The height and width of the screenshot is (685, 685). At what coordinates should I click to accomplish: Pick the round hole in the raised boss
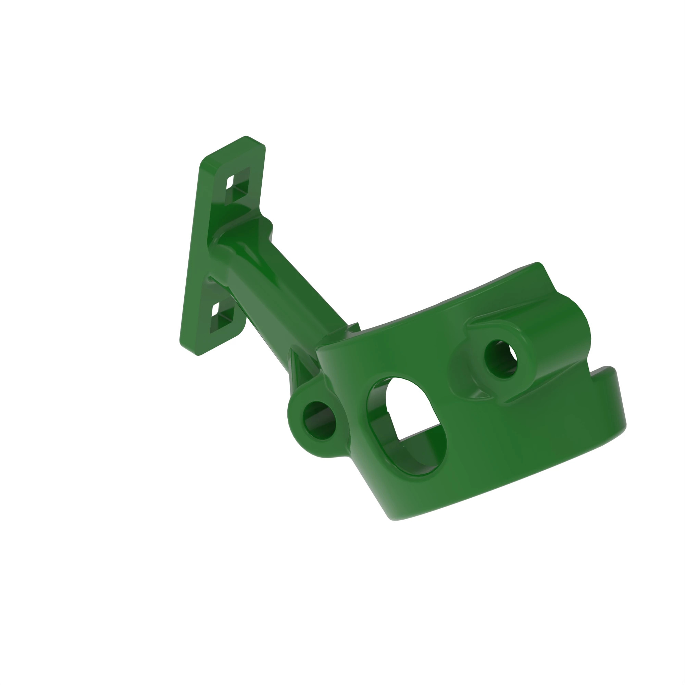coord(501,359)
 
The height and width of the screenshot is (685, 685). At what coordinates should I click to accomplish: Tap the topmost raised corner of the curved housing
coord(537,264)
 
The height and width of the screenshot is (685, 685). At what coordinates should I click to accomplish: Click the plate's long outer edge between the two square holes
coord(191,255)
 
